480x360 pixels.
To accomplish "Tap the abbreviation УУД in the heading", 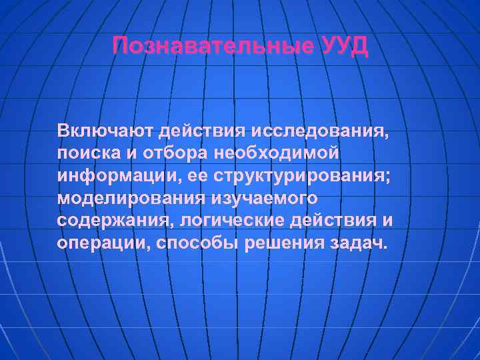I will (343, 47).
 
